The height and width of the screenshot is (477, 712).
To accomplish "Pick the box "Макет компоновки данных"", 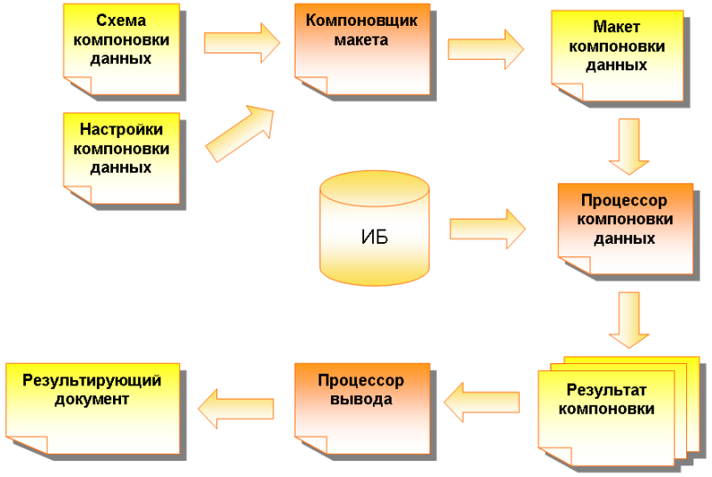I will [x=617, y=55].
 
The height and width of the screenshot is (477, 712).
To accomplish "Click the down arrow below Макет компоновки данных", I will [x=628, y=146].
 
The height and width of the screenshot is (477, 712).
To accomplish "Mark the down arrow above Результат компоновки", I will [x=629, y=320].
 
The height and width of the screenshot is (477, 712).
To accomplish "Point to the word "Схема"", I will [x=121, y=20].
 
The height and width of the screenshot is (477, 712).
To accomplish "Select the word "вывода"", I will [x=360, y=400].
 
